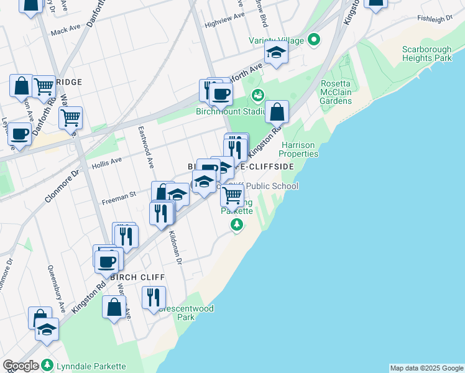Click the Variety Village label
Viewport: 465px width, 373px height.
[277, 41]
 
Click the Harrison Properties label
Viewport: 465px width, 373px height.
[298, 149]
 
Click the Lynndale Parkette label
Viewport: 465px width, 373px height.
[91, 366]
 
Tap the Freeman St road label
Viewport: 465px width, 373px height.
[119, 195]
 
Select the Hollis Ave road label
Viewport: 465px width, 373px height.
[107, 160]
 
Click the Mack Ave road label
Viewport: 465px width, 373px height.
[66, 30]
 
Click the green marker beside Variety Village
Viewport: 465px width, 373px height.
[314, 41]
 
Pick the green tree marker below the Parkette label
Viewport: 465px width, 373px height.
[236, 226]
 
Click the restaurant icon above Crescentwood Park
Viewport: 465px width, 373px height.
[153, 297]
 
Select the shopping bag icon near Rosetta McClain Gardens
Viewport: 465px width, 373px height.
[277, 113]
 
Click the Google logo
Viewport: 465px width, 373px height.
[21, 366]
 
